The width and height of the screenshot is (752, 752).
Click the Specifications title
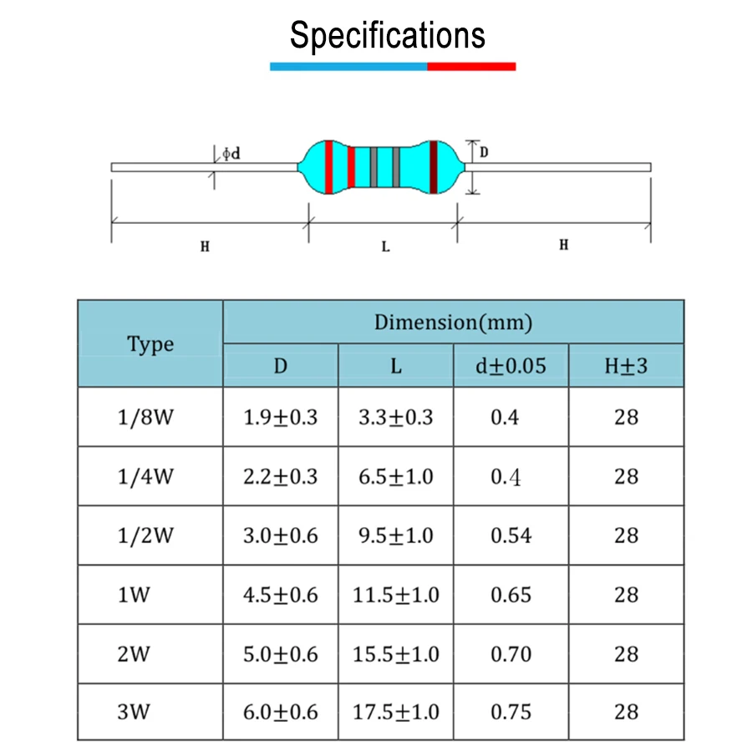pyautogui.click(x=387, y=36)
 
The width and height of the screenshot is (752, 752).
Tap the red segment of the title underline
pyautogui.click(x=471, y=66)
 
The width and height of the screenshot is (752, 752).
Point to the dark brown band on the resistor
pyautogui.click(x=433, y=167)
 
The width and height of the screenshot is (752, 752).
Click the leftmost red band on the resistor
pyautogui.click(x=329, y=167)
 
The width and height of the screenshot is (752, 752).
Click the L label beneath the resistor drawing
pyautogui.click(x=385, y=246)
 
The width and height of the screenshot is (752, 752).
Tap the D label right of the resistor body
pyautogui.click(x=484, y=152)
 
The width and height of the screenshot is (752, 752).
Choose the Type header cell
pyautogui.click(x=150, y=343)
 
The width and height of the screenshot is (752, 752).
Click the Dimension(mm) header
pyautogui.click(x=453, y=322)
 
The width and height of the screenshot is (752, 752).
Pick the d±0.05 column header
pyautogui.click(x=511, y=366)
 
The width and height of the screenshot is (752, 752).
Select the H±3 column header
pyautogui.click(x=626, y=366)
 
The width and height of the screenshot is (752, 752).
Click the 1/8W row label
pyautogui.click(x=145, y=417)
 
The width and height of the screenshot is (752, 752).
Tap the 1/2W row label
pyautogui.click(x=145, y=536)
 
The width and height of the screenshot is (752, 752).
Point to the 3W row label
pyautogui.click(x=134, y=713)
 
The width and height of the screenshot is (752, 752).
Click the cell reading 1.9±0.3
pyautogui.click(x=281, y=417)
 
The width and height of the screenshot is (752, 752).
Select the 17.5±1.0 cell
pyautogui.click(x=395, y=713)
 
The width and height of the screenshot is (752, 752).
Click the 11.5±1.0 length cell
pyautogui.click(x=395, y=595)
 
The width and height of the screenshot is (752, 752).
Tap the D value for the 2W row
pyautogui.click(x=281, y=654)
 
